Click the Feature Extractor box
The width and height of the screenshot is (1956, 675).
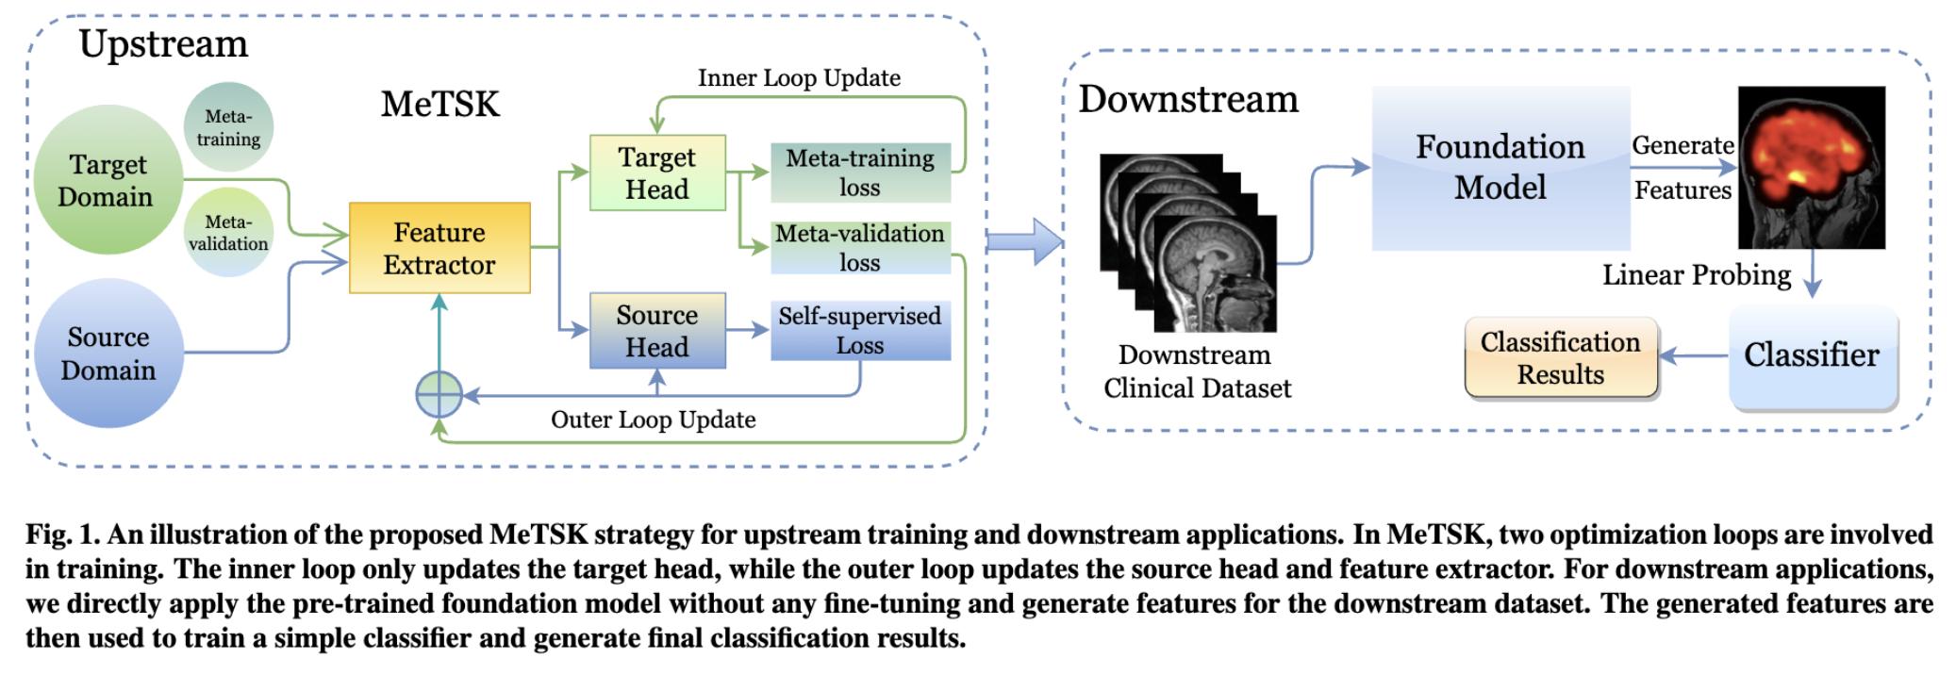tap(439, 248)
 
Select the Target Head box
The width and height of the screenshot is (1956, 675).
tap(657, 173)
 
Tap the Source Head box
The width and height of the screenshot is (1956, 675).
tap(657, 330)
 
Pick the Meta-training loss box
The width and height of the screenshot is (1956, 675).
tap(860, 173)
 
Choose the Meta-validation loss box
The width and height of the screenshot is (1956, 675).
tap(860, 248)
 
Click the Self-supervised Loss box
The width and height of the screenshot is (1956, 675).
tap(860, 330)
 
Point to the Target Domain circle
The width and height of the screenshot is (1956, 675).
tap(107, 180)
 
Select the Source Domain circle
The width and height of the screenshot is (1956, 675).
tap(108, 353)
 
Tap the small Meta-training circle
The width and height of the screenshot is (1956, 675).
tap(228, 127)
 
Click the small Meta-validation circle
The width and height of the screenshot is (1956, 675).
tap(228, 232)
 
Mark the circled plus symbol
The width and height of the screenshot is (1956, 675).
tap(439, 395)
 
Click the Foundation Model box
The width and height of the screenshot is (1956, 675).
tap(1500, 168)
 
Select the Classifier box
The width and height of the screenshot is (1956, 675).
tap(1812, 356)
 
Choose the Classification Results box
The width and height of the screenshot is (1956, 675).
tap(1561, 358)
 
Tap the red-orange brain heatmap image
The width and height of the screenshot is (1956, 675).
tap(1811, 167)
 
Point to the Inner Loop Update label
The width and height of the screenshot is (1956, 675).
tap(799, 78)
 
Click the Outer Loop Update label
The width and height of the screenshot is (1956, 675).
tap(653, 420)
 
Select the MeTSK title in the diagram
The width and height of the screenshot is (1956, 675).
tap(440, 105)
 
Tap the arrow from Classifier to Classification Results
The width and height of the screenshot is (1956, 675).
tap(1693, 355)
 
